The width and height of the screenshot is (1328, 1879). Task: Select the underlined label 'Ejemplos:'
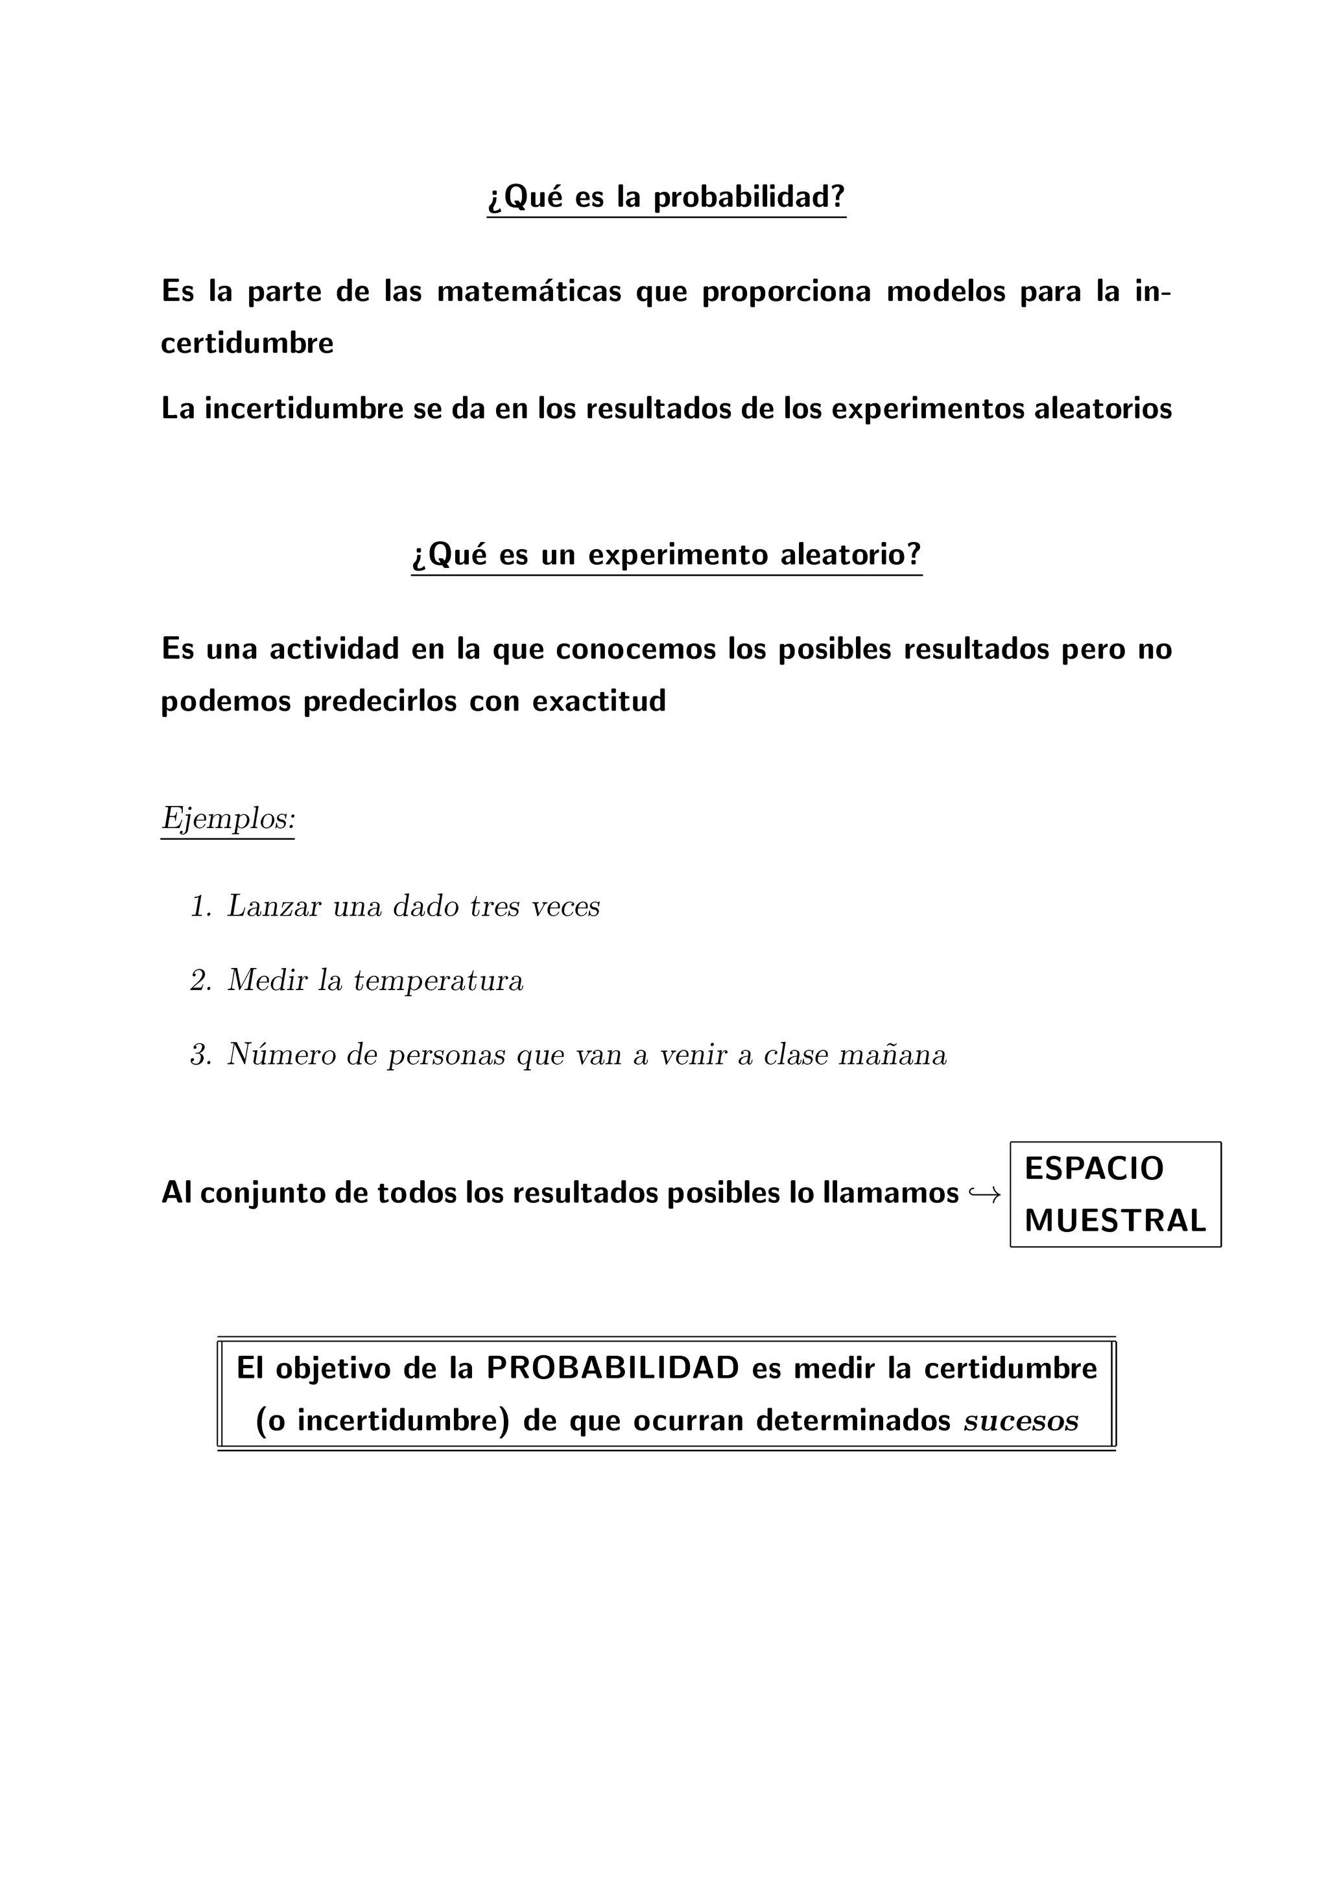click(228, 818)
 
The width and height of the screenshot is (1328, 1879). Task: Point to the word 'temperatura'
click(438, 980)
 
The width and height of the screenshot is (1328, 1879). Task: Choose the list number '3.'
click(200, 1055)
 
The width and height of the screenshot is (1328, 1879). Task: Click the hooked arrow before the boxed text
click(984, 1195)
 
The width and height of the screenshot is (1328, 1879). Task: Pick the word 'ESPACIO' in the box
click(1093, 1168)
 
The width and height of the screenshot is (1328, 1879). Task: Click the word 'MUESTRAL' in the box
click(1115, 1221)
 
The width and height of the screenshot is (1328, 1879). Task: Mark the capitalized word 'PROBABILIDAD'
click(613, 1367)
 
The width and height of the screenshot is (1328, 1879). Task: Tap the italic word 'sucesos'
click(1021, 1421)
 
